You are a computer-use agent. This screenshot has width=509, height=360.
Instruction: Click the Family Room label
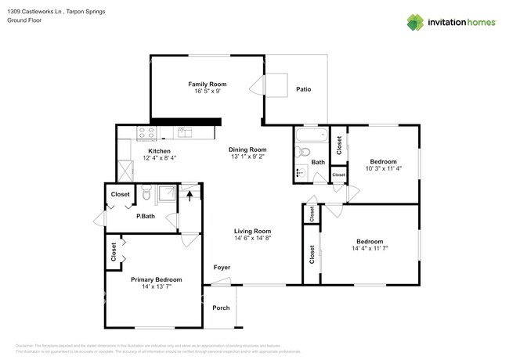(x=207, y=84)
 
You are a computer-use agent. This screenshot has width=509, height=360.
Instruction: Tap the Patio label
(x=303, y=89)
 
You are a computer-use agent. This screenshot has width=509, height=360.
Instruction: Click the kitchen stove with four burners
(x=144, y=132)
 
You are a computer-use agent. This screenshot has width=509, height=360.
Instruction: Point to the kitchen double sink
(x=184, y=132)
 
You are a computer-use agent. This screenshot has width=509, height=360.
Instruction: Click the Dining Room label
(x=247, y=149)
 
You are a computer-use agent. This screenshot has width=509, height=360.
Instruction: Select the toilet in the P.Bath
(x=146, y=193)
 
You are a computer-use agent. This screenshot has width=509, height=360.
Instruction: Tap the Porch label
(x=221, y=308)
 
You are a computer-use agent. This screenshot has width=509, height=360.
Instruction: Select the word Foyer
(x=222, y=268)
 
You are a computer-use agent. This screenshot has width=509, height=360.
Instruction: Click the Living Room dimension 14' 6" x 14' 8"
(x=252, y=239)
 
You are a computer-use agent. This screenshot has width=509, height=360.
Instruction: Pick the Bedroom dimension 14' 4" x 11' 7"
(x=370, y=249)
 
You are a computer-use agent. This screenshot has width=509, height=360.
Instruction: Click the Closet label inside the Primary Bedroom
(x=114, y=252)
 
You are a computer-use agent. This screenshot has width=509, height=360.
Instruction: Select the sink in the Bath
(x=300, y=173)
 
